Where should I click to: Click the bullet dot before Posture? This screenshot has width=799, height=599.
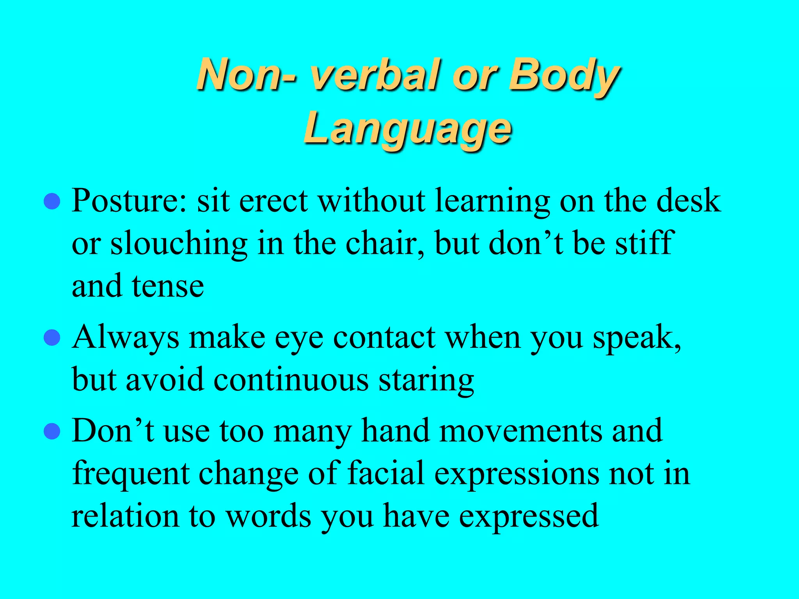[x=52, y=202]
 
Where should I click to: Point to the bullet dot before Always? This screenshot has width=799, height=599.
[x=52, y=338]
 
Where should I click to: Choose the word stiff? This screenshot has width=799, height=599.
[x=643, y=244]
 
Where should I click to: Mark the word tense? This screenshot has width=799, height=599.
[x=168, y=287]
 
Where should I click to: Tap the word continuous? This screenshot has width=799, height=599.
[x=291, y=380]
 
